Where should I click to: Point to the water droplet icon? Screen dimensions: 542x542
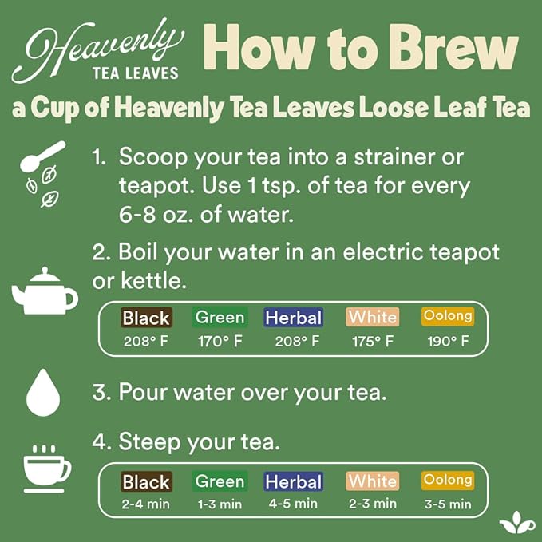[43, 392]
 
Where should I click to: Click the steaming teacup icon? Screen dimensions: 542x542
[46, 466]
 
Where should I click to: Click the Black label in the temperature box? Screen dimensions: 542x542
[146, 318]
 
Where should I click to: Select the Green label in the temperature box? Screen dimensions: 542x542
[220, 317]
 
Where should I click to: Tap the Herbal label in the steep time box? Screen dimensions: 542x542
[293, 481]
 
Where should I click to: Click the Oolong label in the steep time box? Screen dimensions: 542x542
[447, 480]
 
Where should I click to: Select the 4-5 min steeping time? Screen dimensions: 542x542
[293, 504]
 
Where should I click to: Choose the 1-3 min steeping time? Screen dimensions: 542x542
[220, 504]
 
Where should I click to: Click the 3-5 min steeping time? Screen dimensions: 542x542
[447, 504]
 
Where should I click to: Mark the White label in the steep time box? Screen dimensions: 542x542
[373, 481]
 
